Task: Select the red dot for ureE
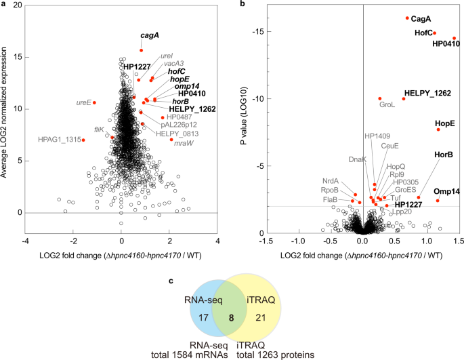94,102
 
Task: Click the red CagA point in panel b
407,18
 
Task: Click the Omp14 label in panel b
446,191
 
